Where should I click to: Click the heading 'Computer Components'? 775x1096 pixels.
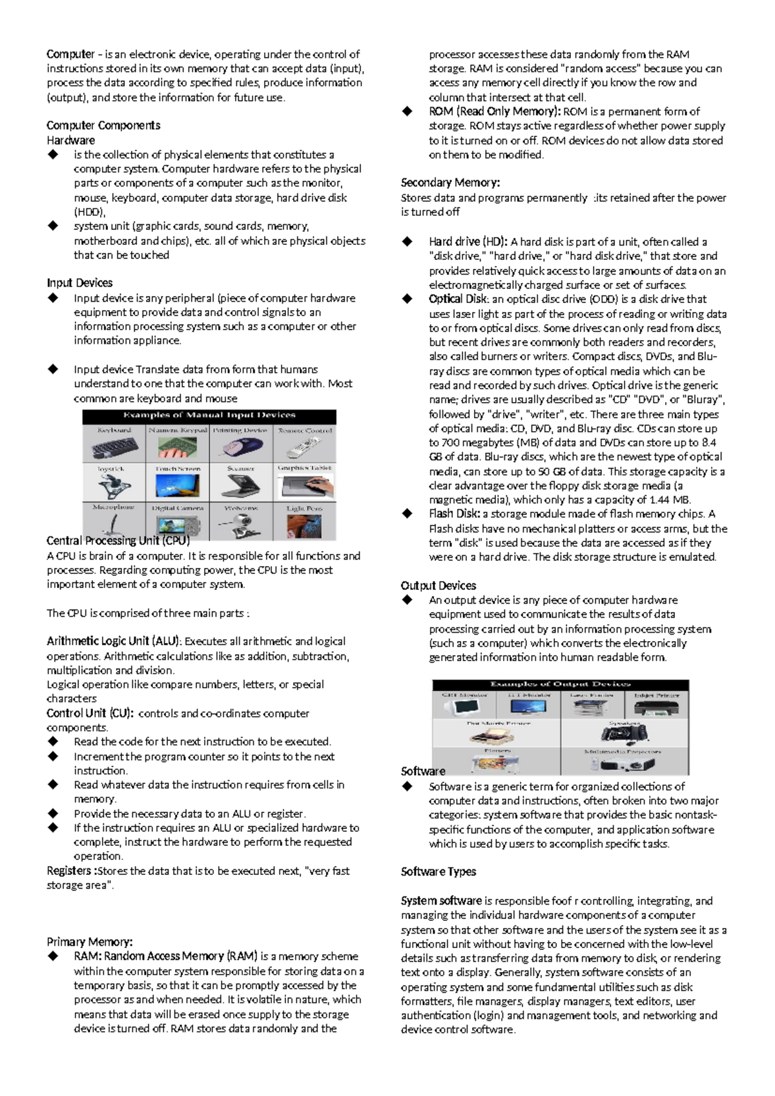(x=103, y=125)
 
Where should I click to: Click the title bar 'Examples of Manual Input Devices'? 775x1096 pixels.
(x=209, y=416)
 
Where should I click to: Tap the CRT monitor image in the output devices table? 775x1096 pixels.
(x=464, y=706)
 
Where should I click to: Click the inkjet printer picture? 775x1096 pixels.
(x=656, y=706)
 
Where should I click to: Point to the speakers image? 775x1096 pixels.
(x=624, y=733)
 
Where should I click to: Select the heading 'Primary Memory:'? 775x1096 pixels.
(x=90, y=942)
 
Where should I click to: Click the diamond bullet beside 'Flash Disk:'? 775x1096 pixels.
(x=407, y=514)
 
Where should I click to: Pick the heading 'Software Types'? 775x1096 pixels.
(x=439, y=872)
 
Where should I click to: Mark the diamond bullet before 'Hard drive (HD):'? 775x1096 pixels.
(x=407, y=242)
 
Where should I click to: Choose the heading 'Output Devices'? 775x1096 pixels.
(x=439, y=585)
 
